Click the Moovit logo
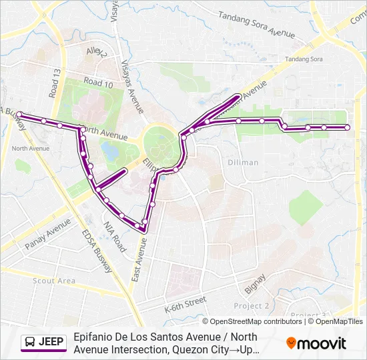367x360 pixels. (x=316, y=343)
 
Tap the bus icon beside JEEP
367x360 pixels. (x=30, y=343)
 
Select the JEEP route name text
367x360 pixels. (x=51, y=343)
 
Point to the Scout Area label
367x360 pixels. (x=54, y=281)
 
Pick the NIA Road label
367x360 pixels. (x=114, y=235)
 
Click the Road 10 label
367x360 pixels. (x=98, y=83)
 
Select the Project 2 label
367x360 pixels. (x=251, y=305)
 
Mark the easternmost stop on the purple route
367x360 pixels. (x=347, y=127)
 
